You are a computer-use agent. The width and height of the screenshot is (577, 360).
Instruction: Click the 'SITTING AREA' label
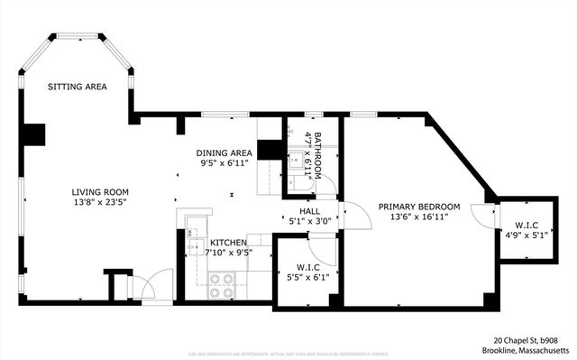(78, 88)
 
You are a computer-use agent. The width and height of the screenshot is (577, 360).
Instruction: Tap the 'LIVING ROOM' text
(101, 192)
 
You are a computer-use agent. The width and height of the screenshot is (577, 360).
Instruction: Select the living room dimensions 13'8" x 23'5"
(101, 203)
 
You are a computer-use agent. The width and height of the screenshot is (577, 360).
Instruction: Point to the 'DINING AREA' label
(224, 153)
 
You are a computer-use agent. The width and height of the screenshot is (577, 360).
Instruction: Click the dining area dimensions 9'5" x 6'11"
(224, 164)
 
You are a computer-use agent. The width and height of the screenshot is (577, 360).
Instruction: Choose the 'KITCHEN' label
(229, 243)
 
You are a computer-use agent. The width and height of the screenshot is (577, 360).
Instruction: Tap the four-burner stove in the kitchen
(221, 286)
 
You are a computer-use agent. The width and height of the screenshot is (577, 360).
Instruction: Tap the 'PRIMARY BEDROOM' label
(419, 206)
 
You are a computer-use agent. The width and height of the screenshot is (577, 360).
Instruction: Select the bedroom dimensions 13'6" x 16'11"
(419, 217)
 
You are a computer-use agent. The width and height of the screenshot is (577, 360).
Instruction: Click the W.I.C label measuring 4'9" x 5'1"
(527, 226)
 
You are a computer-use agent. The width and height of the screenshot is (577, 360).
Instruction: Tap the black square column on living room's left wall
(33, 134)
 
